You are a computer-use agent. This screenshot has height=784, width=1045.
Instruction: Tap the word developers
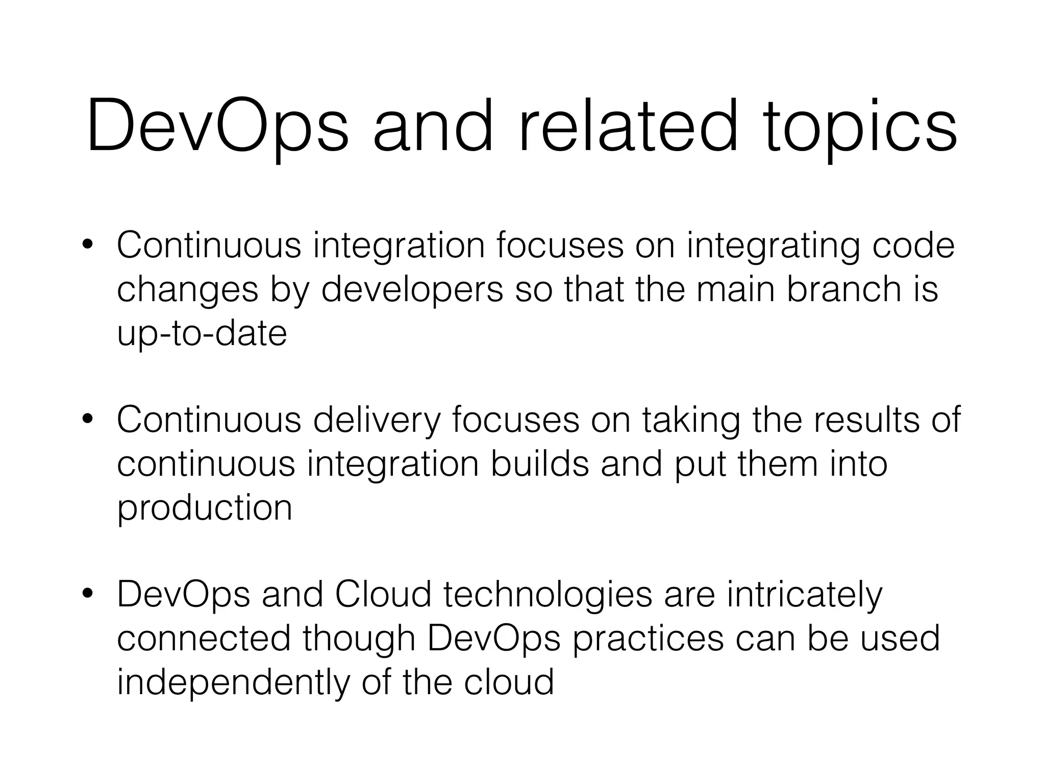click(x=412, y=289)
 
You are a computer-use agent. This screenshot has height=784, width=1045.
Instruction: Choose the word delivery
click(x=377, y=420)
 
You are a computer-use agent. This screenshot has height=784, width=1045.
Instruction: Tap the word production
click(x=205, y=508)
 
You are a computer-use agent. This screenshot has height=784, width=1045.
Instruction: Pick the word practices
click(x=648, y=639)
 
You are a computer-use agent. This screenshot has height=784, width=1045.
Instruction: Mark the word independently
click(x=233, y=683)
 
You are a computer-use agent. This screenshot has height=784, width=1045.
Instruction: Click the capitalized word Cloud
click(x=383, y=594)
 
